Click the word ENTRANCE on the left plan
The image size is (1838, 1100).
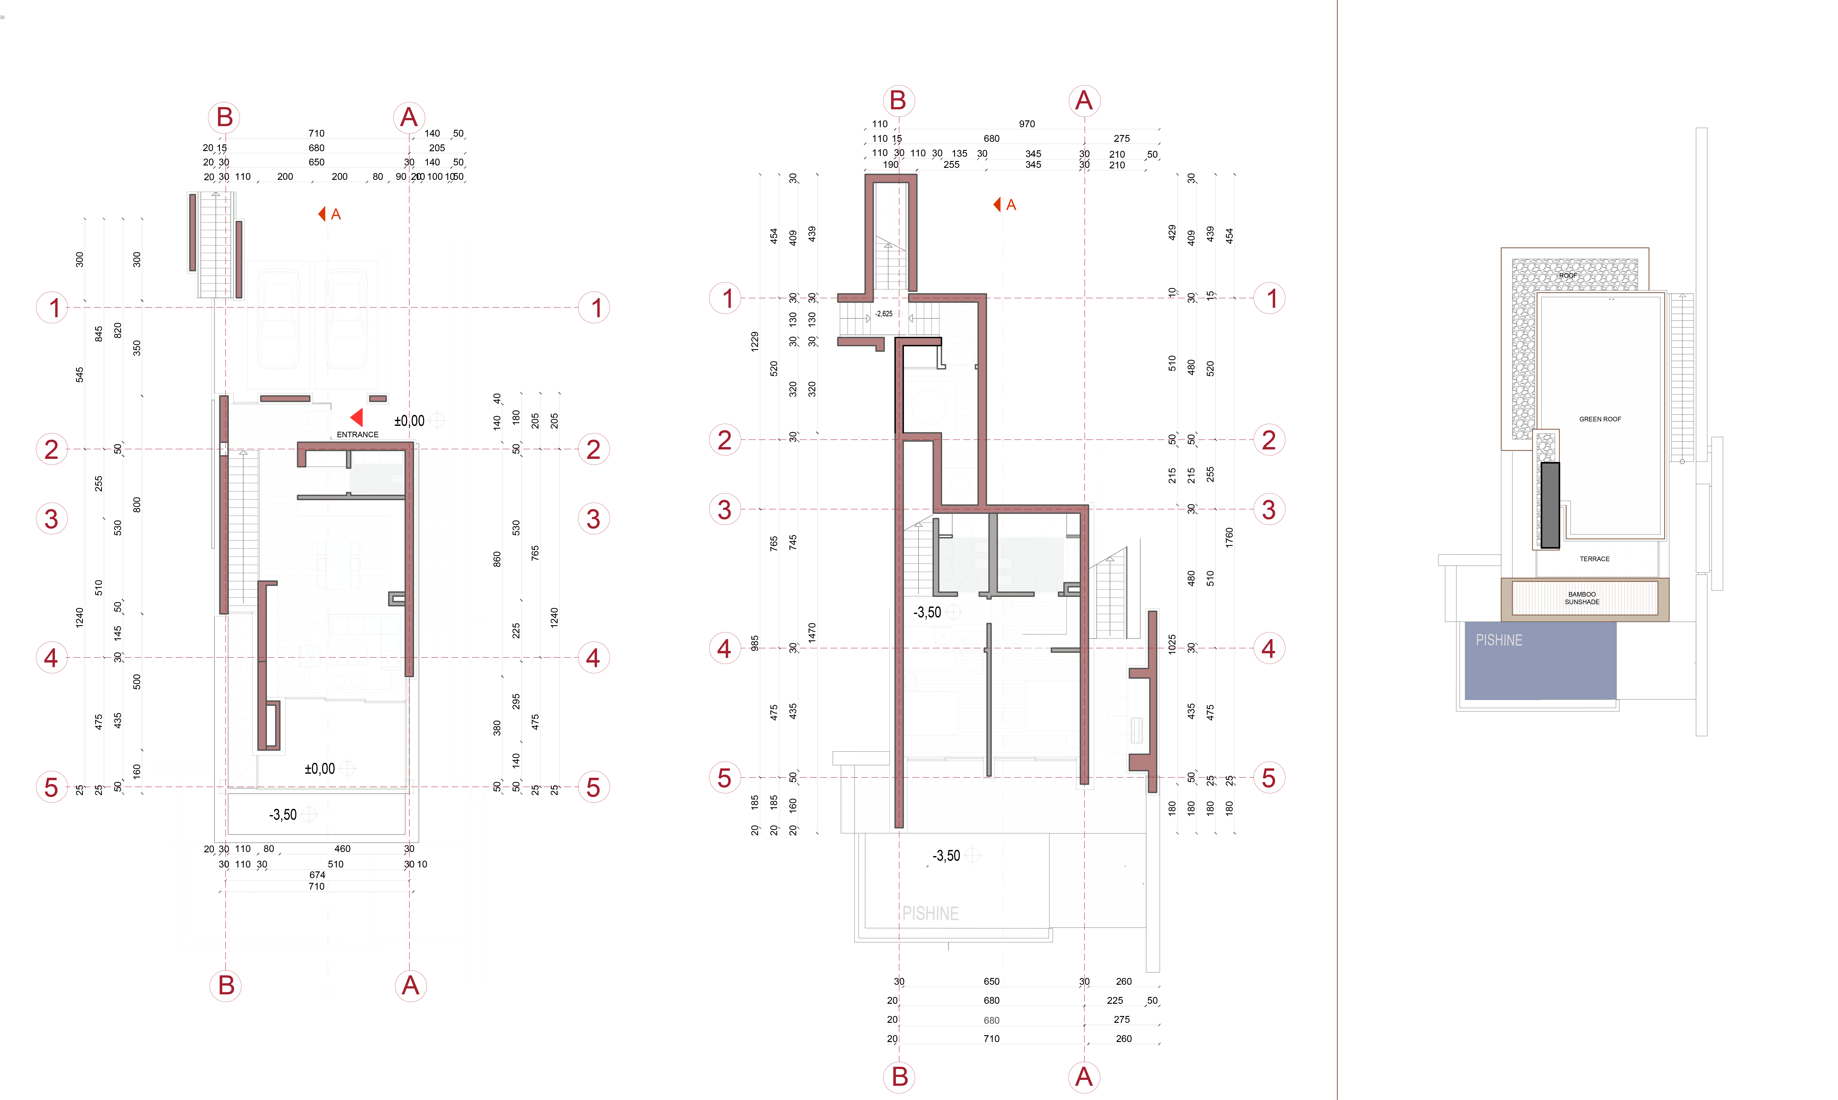[357, 434]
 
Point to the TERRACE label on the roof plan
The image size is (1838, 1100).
[1594, 559]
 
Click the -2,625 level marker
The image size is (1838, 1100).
[884, 314]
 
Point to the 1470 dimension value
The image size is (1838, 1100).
[812, 632]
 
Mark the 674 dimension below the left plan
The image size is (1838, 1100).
[317, 875]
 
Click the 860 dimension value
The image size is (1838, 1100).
[497, 559]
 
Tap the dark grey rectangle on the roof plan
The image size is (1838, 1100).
[1550, 504]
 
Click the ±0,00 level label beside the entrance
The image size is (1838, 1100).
[409, 421]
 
